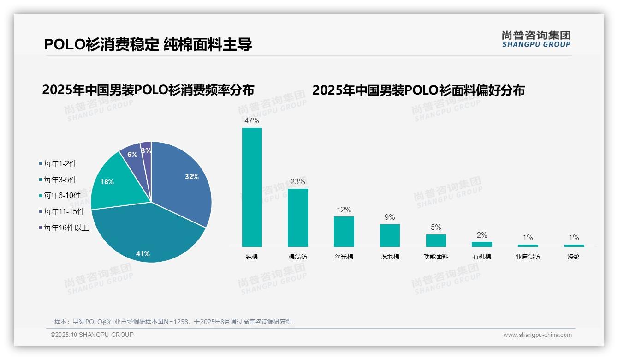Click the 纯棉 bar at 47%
[252, 187]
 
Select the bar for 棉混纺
[297, 217]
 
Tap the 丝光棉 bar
[344, 231]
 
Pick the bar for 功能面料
[436, 240]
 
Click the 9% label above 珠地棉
[390, 217]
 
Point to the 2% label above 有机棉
[482, 235]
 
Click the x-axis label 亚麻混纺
[528, 257]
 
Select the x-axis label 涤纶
[574, 257]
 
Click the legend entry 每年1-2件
[60, 163]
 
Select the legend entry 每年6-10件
[62, 195]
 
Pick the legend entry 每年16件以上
[66, 228]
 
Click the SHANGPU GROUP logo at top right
[536, 39]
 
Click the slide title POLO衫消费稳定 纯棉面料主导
[148, 44]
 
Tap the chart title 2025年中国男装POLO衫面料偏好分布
[418, 90]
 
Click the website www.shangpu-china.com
[537, 335]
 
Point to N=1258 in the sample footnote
[177, 322]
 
